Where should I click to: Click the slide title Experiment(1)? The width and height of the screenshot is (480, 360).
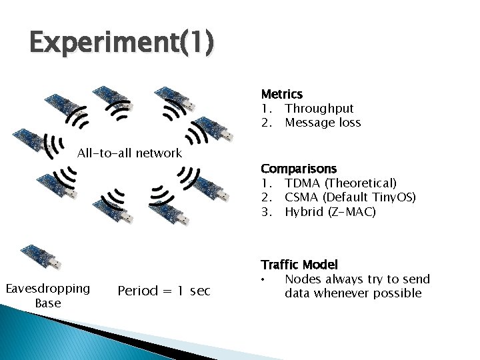(x=122, y=44)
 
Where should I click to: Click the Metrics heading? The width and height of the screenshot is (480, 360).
(x=281, y=94)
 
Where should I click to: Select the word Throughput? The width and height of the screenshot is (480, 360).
(x=319, y=108)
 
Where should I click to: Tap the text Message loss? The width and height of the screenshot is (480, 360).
(x=323, y=123)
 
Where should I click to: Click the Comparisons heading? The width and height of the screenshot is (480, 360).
(x=299, y=169)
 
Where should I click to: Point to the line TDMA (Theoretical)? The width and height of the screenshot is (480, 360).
(x=340, y=183)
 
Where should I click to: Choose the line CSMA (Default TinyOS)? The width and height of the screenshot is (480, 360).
(x=350, y=197)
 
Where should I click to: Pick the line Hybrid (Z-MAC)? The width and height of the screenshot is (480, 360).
(x=330, y=212)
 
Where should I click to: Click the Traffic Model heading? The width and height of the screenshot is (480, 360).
(x=299, y=265)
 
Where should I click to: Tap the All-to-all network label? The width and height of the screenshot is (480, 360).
(x=129, y=153)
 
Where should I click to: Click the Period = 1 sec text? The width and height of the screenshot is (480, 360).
(x=163, y=291)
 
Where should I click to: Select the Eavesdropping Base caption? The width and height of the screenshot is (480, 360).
(x=47, y=295)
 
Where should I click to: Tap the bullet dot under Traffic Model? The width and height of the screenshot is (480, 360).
(x=265, y=279)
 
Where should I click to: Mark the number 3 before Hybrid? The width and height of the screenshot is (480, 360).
(x=265, y=212)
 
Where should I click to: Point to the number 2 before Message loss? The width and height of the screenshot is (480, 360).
(x=265, y=123)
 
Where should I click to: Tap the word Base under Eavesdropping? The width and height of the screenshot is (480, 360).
(x=47, y=303)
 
